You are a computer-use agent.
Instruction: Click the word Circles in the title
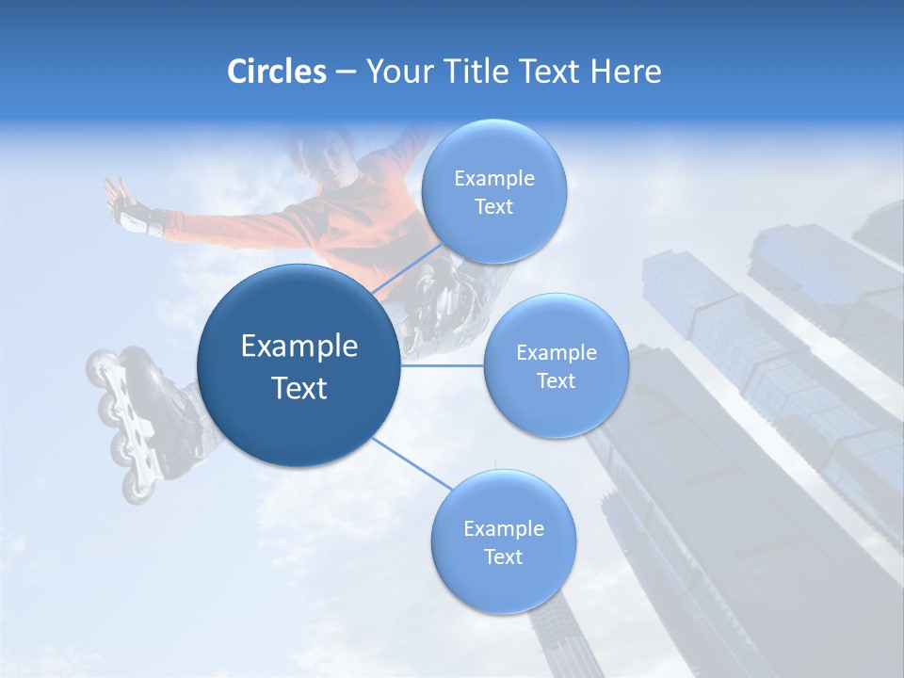pos(277,72)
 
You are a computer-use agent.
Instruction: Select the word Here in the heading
pos(625,72)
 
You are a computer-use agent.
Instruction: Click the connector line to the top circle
pos(407,273)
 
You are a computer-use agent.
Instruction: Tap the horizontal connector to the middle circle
pos(443,365)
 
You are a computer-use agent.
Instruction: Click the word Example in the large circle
pos(299,347)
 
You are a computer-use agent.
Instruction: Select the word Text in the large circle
pos(299,388)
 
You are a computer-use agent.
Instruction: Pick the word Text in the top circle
pos(493,207)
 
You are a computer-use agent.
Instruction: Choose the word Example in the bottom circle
pos(503,529)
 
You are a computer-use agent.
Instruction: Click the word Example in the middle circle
pos(556,353)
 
